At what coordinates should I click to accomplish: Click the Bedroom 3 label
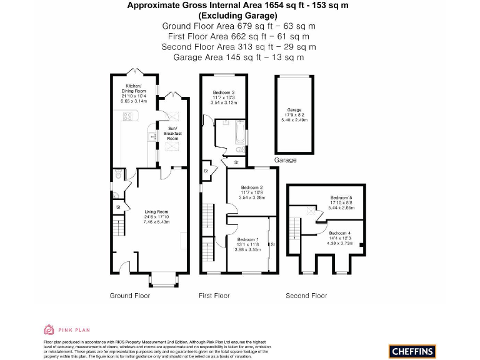point(223,97)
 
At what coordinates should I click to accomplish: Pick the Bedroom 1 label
point(248,243)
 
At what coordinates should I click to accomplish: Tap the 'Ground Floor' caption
point(129,296)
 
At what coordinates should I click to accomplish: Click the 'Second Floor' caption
point(306,296)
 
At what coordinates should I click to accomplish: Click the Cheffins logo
point(412,351)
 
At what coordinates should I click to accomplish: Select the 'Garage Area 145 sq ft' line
point(239,57)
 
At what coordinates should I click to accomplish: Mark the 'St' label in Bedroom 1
point(272,244)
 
